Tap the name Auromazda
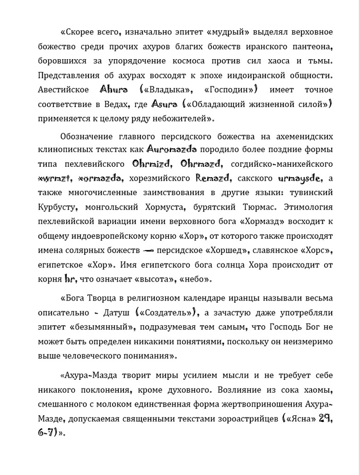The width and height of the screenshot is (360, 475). click(172, 149)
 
